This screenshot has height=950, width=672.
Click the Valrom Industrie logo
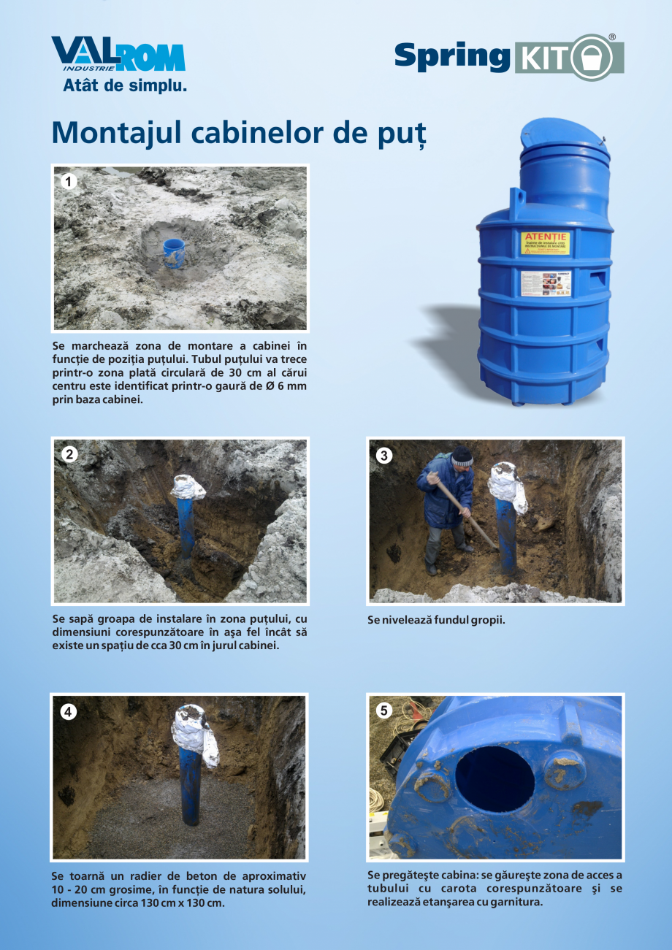(x=117, y=55)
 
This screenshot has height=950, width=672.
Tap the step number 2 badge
(x=69, y=454)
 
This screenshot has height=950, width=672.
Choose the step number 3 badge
(x=384, y=456)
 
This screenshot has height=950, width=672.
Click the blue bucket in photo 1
(x=174, y=253)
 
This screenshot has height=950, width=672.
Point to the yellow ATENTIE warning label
(x=545, y=243)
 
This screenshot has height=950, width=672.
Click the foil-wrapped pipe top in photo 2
(x=188, y=487)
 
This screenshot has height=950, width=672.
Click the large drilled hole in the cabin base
(x=495, y=778)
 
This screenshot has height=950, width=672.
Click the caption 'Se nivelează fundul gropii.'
(x=436, y=620)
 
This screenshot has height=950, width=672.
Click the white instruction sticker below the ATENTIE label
(x=545, y=283)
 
